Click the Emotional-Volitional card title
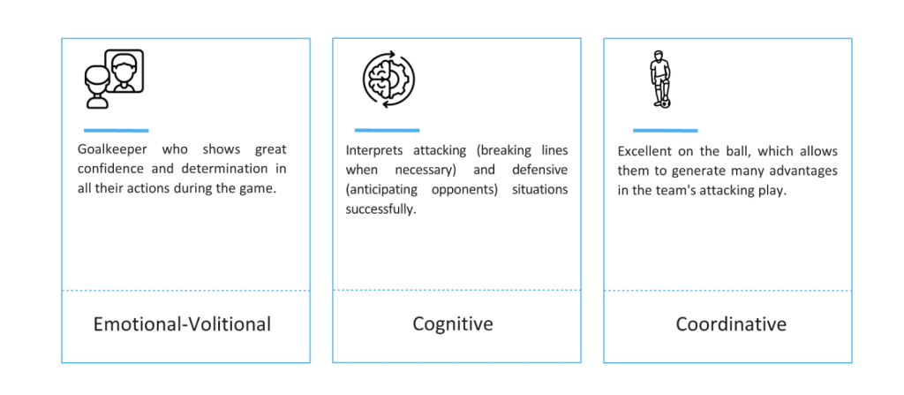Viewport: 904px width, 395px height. click(x=182, y=324)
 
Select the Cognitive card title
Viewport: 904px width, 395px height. click(x=453, y=324)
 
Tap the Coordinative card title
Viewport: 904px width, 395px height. click(x=731, y=324)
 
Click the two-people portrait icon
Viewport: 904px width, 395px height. click(x=114, y=80)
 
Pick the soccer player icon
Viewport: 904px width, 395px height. click(x=660, y=80)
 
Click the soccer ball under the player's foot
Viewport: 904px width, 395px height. click(x=666, y=104)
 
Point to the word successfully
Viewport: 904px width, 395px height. click(x=380, y=209)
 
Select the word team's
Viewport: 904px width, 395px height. click(x=672, y=191)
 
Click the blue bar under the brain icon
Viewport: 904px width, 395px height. click(x=387, y=130)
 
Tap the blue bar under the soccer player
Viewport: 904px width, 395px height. click(x=666, y=131)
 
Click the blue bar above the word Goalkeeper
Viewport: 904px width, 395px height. click(x=116, y=131)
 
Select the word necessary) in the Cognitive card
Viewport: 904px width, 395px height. click(x=423, y=171)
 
